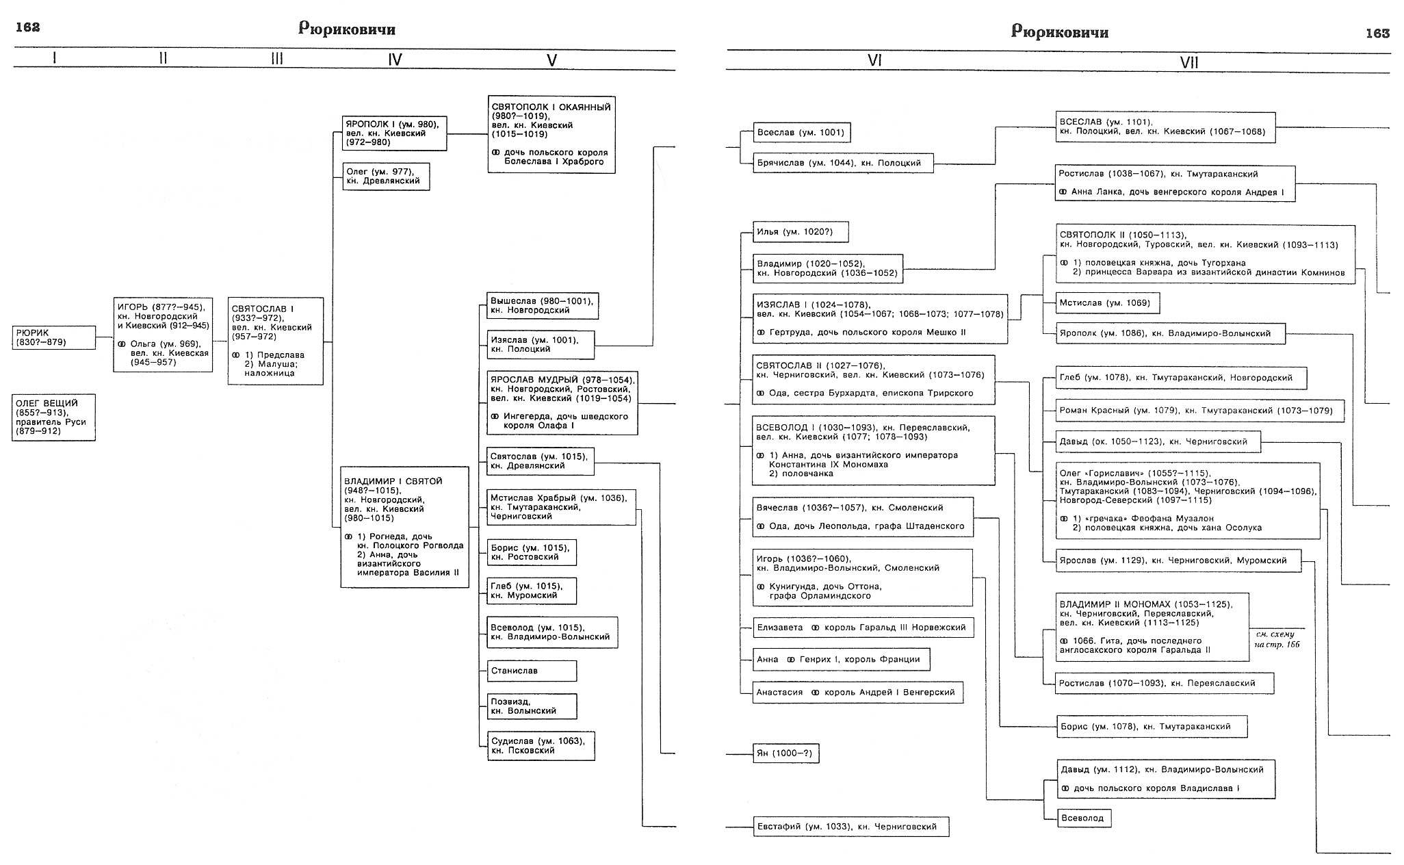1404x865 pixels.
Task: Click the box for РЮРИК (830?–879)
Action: click(54, 337)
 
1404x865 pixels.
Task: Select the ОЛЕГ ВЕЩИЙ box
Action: click(54, 417)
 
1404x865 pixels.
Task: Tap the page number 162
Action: click(27, 27)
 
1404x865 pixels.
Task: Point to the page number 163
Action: click(1377, 33)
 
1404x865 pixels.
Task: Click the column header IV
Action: click(395, 60)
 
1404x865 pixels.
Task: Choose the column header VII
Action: click(1189, 63)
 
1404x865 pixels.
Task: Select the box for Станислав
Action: click(532, 671)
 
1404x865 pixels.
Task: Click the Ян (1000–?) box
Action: click(785, 753)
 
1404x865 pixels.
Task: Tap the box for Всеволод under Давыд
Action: click(1083, 818)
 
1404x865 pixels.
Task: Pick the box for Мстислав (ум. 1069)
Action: click(1107, 302)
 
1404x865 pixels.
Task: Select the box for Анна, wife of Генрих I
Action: click(841, 660)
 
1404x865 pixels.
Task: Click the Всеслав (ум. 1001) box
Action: click(801, 133)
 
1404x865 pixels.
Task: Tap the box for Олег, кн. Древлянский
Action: click(386, 177)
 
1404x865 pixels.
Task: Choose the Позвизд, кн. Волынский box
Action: click(532, 706)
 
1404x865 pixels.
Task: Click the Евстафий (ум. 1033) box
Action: click(850, 827)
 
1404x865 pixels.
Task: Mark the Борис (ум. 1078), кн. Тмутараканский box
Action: click(1151, 727)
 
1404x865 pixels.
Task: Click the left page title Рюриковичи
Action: click(347, 29)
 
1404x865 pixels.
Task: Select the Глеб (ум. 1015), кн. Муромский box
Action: click(532, 591)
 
